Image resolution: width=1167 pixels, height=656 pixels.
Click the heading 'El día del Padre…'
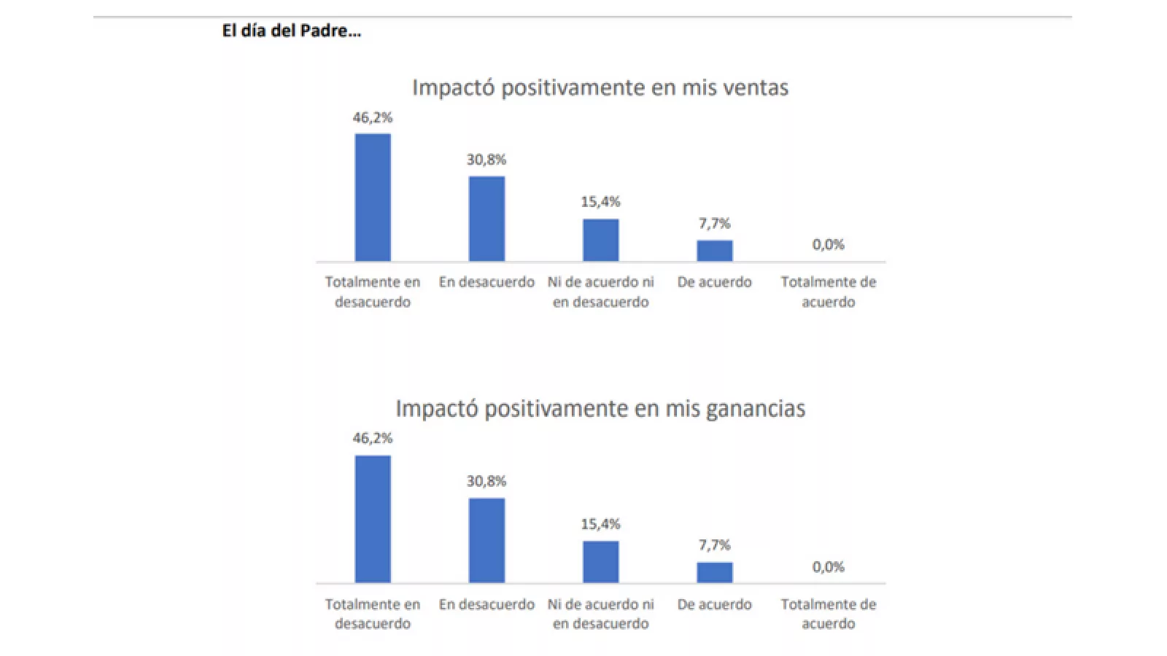coord(291,31)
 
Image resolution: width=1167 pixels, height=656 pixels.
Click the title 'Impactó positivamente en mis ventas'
coord(600,87)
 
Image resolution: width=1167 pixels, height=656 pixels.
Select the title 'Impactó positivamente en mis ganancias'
coord(600,408)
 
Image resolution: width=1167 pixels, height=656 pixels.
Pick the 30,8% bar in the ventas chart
coord(486,219)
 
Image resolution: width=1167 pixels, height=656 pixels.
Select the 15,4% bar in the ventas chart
coord(600,240)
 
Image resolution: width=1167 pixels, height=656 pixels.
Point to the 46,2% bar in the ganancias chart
coord(373,519)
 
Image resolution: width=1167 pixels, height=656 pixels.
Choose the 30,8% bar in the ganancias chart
coord(486,540)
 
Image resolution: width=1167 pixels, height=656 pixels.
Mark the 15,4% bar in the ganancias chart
coord(600,561)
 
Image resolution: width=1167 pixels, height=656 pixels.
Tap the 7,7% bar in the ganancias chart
coord(714,572)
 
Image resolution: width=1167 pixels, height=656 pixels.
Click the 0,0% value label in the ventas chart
coord(828,245)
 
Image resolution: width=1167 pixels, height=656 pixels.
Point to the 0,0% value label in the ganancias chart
coord(828,567)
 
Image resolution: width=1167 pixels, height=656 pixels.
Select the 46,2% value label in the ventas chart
coord(373,117)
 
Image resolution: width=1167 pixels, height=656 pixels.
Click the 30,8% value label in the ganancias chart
coord(486,481)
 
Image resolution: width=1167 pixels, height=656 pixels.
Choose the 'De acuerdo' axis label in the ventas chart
coord(714,282)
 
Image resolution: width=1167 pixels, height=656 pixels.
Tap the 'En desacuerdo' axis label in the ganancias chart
coord(486,604)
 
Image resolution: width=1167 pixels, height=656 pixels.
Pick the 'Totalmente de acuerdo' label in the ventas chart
coord(828,292)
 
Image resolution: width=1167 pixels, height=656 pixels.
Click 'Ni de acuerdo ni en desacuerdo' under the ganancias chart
coord(600,614)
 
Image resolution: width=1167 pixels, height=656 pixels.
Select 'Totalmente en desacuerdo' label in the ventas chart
coord(373,292)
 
